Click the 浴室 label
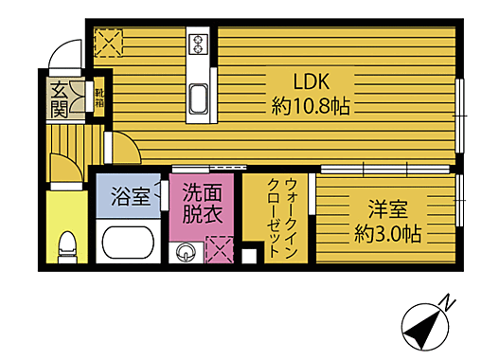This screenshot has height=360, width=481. (x=131, y=198)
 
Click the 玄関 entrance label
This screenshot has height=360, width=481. (x=59, y=99)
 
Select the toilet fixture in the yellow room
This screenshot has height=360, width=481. (x=66, y=249)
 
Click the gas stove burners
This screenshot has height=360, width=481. (x=200, y=43)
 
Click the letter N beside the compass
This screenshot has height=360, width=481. (x=450, y=305)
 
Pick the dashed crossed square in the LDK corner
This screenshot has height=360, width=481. (x=109, y=43)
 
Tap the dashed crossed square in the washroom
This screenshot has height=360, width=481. (x=220, y=250)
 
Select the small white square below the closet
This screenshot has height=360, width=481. (x=249, y=254)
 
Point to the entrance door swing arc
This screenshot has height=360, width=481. (x=64, y=53)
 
